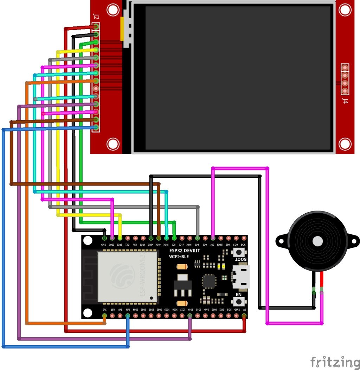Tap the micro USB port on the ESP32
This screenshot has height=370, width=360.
tap(241, 277)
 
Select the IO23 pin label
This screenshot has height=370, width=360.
tap(112, 245)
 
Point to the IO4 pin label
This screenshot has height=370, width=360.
tap(197, 245)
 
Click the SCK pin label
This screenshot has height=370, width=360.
tap(243, 245)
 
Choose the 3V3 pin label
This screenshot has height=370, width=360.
tap(104, 310)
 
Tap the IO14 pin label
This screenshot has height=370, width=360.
tap(190, 310)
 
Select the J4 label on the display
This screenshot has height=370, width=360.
tap(345, 101)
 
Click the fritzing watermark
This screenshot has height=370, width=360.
tap(335, 362)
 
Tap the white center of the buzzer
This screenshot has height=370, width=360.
tap(317, 241)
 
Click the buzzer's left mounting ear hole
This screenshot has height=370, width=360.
tap(281, 241)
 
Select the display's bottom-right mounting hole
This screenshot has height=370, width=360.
tap(345, 144)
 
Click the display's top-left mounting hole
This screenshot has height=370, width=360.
tap(112, 10)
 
